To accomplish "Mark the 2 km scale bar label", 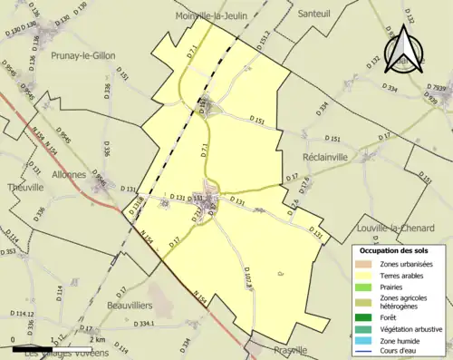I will [x=85, y=339].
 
